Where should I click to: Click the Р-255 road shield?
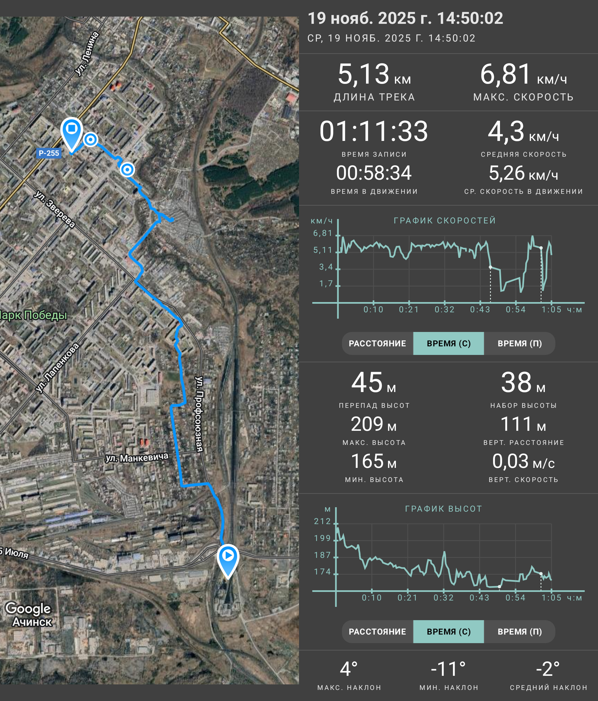click(49, 153)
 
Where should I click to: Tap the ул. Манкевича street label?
click(137, 457)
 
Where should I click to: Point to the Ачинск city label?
click(32, 622)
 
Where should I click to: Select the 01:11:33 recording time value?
click(374, 131)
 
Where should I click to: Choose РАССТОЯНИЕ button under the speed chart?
click(377, 343)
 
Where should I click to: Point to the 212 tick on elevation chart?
click(322, 521)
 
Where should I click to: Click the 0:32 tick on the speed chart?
click(444, 310)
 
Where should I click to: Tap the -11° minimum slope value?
click(448, 669)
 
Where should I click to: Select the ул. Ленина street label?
click(87, 53)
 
